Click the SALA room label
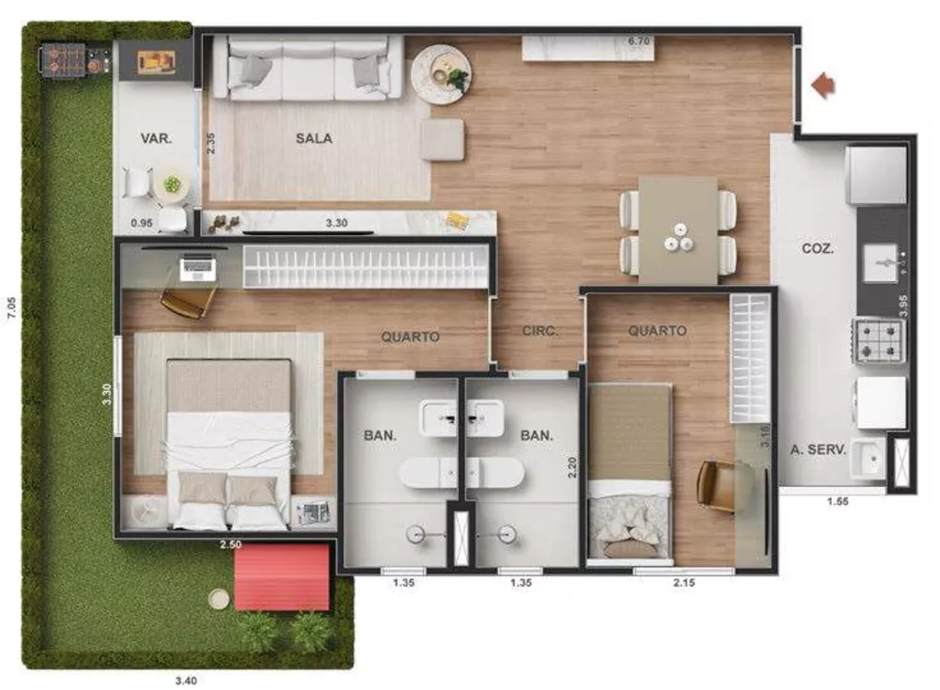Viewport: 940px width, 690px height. point(314,138)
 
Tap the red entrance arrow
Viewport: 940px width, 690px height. point(823,86)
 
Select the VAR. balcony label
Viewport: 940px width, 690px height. point(156,138)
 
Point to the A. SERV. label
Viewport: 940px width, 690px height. point(818,449)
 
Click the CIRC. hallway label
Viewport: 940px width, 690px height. point(540,331)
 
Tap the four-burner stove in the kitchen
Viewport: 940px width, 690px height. point(877,341)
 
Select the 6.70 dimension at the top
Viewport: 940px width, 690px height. point(639,41)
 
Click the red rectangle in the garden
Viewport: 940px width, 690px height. point(282,577)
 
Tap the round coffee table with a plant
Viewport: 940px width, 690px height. point(440,68)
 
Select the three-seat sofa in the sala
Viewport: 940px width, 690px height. point(308,68)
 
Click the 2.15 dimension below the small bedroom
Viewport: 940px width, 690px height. point(684,584)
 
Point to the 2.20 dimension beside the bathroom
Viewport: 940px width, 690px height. point(572,467)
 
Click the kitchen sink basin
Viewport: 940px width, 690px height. point(882,257)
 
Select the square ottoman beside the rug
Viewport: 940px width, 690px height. point(442,139)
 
